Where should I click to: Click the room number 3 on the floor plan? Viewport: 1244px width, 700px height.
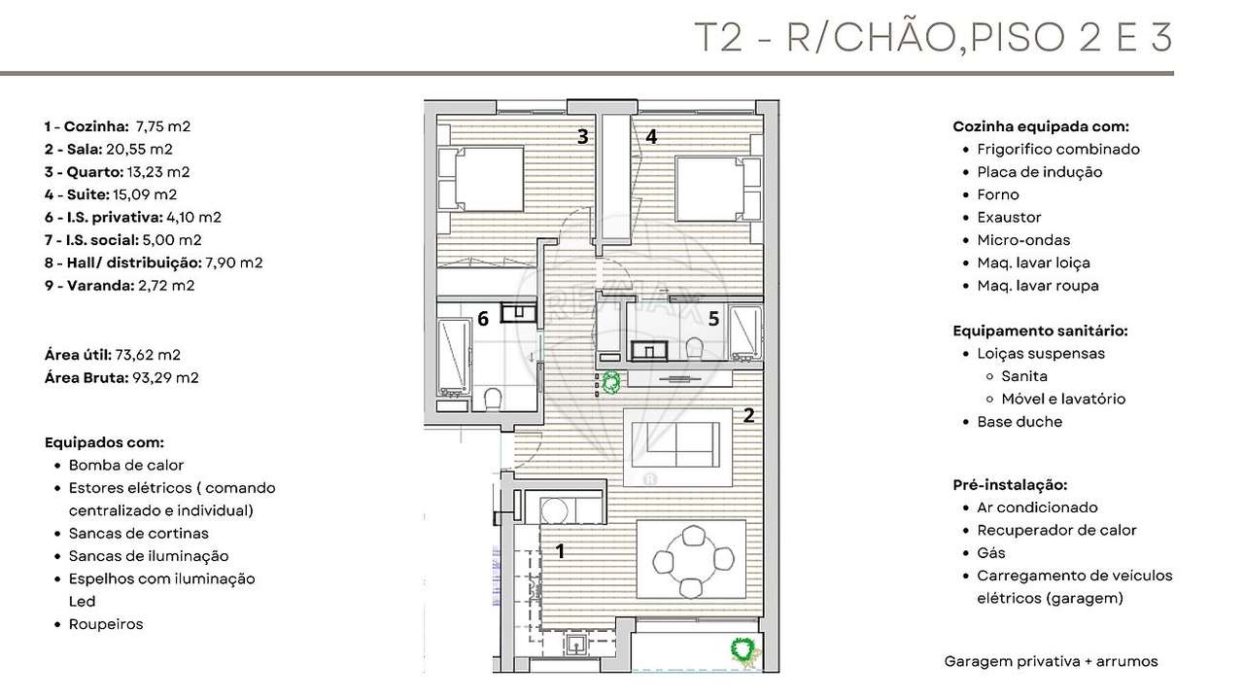582,137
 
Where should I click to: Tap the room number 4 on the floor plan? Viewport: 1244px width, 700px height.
651,137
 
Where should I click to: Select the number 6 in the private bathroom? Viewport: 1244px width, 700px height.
482,319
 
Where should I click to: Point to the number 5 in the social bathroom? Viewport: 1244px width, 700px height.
713,318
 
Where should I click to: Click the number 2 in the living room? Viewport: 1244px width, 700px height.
748,416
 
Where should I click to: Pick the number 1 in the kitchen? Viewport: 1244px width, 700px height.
560,551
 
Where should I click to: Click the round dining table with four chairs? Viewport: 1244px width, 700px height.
692,561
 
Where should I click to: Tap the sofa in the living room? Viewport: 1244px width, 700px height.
677,448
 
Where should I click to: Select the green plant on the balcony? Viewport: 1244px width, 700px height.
744,649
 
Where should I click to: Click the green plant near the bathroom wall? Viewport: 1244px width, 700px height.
611,383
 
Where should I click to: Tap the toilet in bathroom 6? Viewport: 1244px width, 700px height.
493,398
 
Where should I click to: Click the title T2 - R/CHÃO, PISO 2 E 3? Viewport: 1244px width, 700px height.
933,37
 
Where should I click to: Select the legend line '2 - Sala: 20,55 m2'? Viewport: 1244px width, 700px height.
108,149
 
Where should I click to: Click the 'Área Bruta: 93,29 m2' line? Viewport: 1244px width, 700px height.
121,377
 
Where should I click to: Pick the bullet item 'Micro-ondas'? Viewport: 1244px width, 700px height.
1023,240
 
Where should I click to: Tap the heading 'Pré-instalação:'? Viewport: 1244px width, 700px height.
1010,484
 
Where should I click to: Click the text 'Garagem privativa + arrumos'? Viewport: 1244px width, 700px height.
1051,661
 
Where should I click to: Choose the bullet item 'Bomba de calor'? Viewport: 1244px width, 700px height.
125,465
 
